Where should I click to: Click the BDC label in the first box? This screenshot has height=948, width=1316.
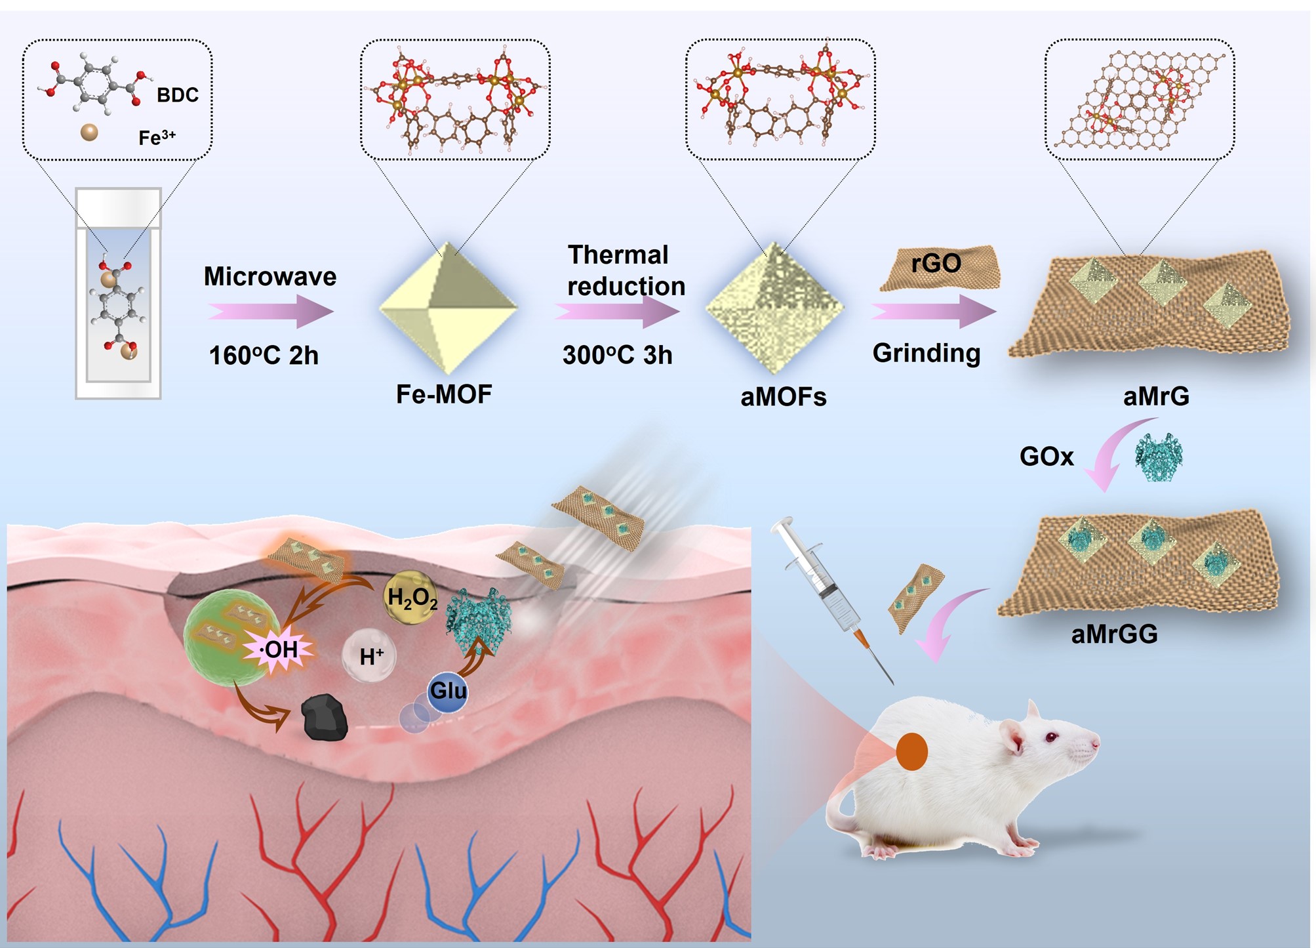[177, 95]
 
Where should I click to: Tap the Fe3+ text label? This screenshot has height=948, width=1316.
[157, 137]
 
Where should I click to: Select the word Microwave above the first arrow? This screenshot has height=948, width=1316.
[269, 276]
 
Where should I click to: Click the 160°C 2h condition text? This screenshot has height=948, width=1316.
[264, 356]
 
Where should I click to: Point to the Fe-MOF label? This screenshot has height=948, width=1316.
[444, 394]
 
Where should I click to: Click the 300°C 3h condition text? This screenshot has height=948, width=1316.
[617, 355]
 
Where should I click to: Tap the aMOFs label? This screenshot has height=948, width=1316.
[783, 397]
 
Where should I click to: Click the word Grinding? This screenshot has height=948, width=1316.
[926, 353]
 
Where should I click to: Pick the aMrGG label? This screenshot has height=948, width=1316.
[1114, 634]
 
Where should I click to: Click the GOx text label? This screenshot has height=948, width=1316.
[1047, 457]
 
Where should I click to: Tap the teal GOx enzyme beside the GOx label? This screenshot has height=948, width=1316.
[1158, 456]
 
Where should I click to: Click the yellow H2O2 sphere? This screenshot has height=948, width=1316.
[411, 597]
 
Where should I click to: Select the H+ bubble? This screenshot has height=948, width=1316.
[370, 655]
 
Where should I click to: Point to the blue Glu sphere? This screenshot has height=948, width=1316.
[447, 691]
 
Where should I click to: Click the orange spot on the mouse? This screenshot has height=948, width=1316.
[911, 752]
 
